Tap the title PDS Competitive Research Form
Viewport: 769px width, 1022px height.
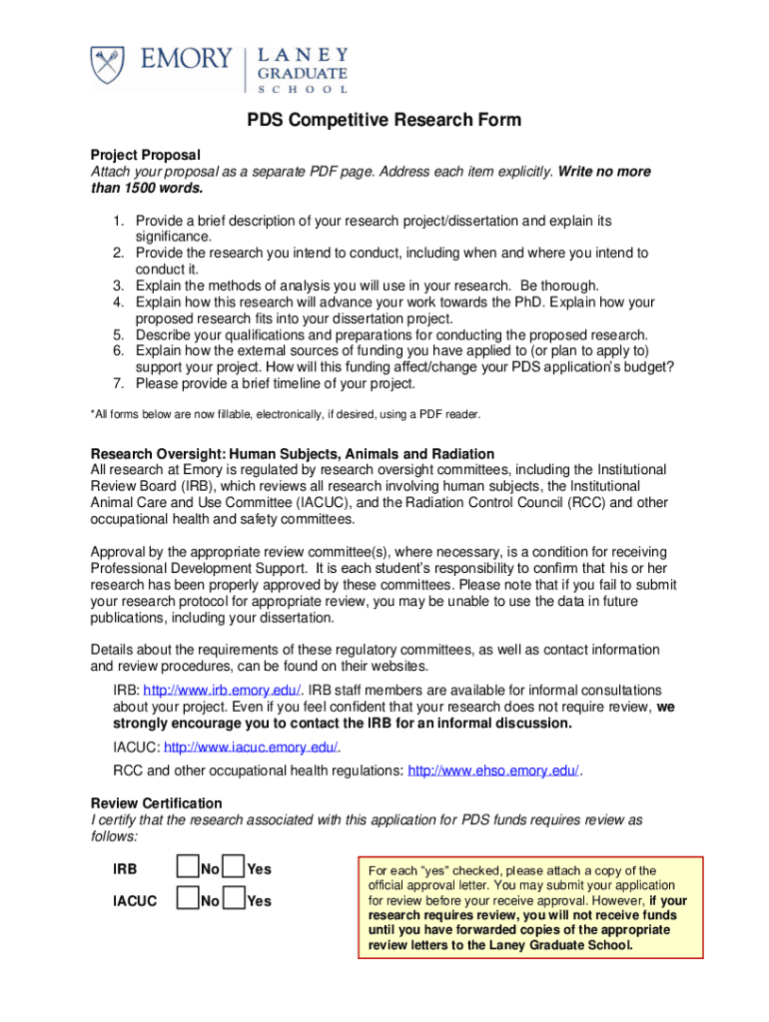click(384, 121)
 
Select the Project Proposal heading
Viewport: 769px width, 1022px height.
click(146, 155)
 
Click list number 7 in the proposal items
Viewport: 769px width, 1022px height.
click(117, 383)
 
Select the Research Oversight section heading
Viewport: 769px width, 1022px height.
click(293, 453)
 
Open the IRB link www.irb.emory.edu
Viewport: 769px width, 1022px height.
click(223, 691)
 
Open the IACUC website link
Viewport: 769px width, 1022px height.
click(251, 747)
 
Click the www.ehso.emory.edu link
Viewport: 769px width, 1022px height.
click(494, 770)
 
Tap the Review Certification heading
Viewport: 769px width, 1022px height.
click(157, 803)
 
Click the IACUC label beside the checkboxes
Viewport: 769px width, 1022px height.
click(135, 901)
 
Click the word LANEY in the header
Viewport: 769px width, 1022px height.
click(304, 53)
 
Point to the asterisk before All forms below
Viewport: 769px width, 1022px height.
click(93, 412)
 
